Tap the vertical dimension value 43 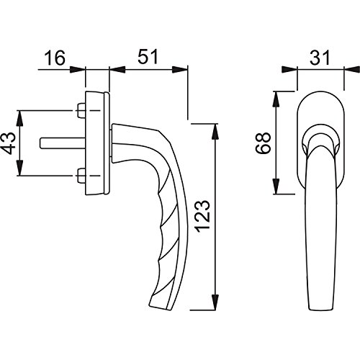[9, 143]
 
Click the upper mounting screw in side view [80, 112]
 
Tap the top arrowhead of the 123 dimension [215, 129]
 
